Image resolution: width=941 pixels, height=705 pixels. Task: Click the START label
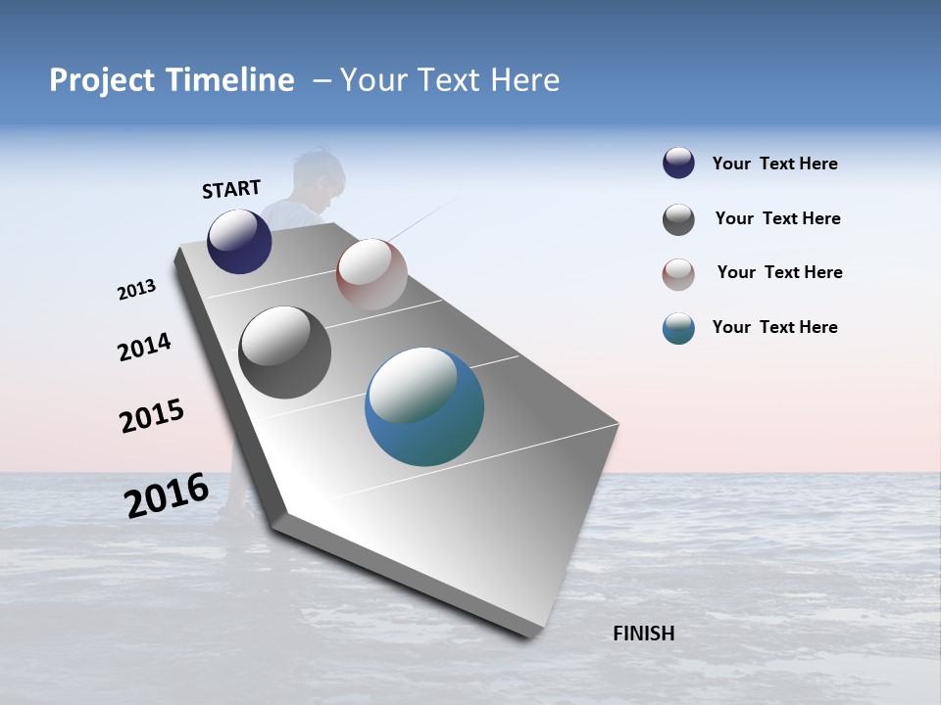point(231,189)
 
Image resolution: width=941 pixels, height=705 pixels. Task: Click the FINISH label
point(643,634)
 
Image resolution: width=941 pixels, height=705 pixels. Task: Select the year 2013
point(136,290)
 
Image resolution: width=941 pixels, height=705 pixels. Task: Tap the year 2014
point(144,347)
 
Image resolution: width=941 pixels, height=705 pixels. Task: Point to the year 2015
point(152,415)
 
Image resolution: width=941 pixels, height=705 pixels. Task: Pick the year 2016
point(167,494)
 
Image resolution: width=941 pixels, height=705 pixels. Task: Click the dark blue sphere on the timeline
point(239,242)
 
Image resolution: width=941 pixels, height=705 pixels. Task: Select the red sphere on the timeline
point(371,274)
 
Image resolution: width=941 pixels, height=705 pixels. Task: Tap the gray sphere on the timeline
point(285,352)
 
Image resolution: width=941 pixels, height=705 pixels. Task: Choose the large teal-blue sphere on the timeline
point(424,406)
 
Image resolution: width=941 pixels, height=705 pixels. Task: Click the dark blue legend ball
point(678,164)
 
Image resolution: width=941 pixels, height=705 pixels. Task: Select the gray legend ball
point(678,219)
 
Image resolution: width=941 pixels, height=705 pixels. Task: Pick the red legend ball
point(678,274)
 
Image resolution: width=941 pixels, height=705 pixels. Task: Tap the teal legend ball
point(678,328)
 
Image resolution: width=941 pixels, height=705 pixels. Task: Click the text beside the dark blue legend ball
point(774,164)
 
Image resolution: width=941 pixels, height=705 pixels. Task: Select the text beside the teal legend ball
point(774,327)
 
